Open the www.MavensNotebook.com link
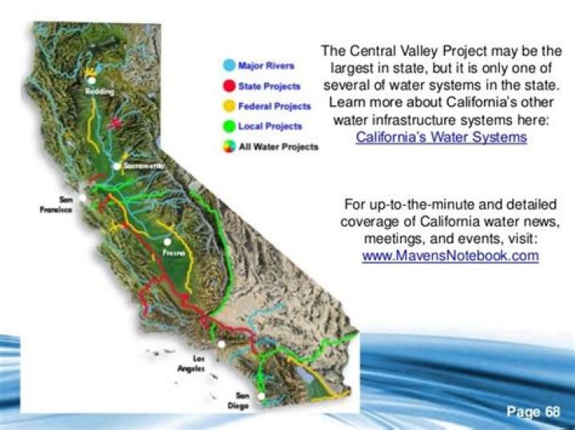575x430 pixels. coord(450,256)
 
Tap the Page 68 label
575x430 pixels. coord(534,412)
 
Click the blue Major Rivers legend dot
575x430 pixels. coord(228,66)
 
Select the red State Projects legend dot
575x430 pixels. coord(228,86)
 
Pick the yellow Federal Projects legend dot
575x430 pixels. coord(228,106)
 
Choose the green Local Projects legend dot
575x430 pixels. coord(228,126)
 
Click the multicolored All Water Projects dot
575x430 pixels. coord(228,147)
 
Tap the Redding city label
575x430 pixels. coord(95,91)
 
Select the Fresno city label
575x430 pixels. coord(174,252)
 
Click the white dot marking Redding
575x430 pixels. coord(93,81)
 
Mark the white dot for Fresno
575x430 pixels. coord(168,241)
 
